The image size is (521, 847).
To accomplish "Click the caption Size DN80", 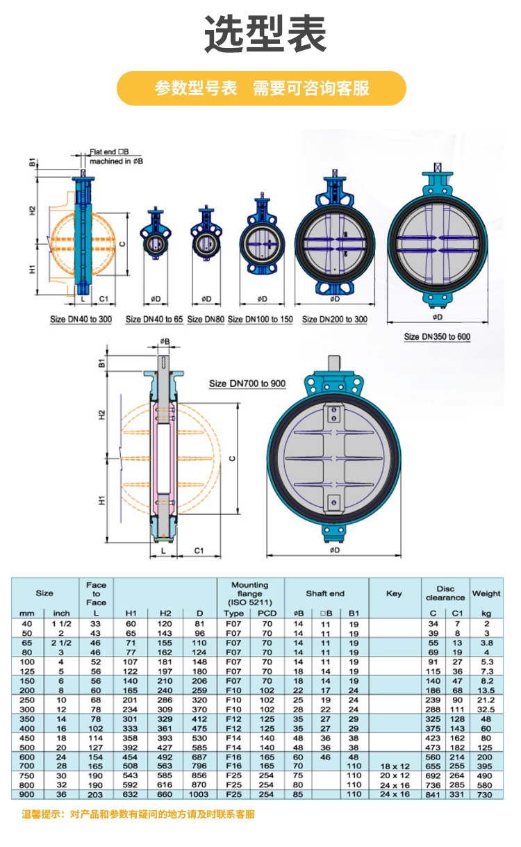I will click(x=206, y=319).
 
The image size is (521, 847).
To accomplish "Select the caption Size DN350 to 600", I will click(x=438, y=336).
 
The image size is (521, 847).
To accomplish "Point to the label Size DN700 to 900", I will click(x=247, y=384).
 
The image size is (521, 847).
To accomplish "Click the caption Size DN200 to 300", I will click(x=335, y=319).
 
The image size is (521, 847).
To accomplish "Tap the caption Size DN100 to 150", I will click(x=260, y=319).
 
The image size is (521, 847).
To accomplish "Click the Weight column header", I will click(x=486, y=593).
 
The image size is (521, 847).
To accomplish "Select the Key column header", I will click(x=394, y=593).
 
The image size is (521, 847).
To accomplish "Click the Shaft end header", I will click(x=325, y=593).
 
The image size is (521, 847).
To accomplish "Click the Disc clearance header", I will click(x=445, y=593).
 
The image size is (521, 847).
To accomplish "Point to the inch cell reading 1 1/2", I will click(x=61, y=625).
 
